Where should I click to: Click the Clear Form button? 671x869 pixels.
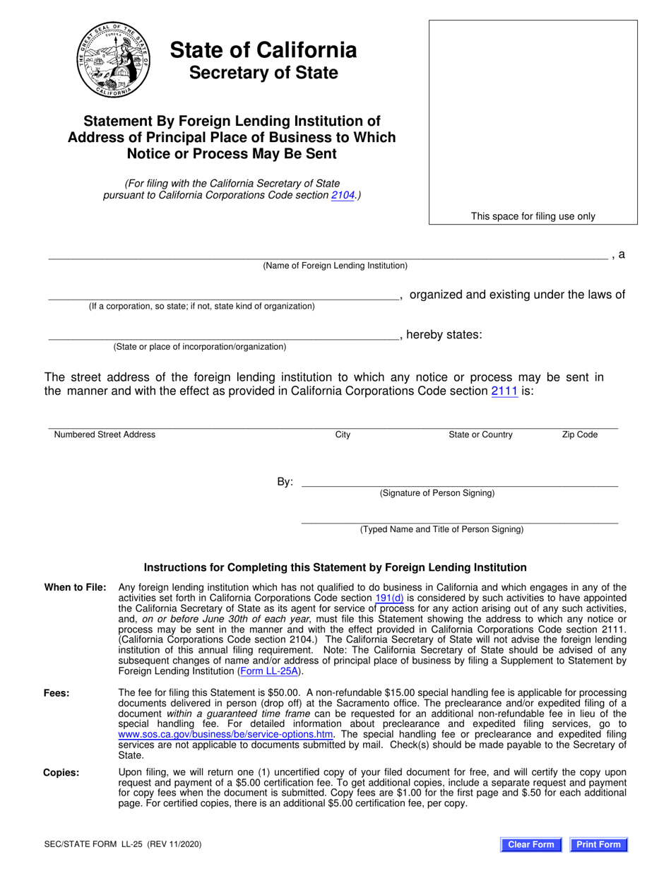pyautogui.click(x=531, y=844)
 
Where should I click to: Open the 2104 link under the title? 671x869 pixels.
pyautogui.click(x=343, y=196)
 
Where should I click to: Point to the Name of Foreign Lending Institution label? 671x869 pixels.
pyautogui.click(x=335, y=266)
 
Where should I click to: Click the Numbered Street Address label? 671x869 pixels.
pyautogui.click(x=105, y=434)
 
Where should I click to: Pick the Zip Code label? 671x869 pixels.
pyautogui.click(x=579, y=434)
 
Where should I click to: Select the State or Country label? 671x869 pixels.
pyautogui.click(x=480, y=434)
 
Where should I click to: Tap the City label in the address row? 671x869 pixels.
pyautogui.click(x=343, y=434)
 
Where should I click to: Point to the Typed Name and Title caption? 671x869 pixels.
pyautogui.click(x=441, y=529)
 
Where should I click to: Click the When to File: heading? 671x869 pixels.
pyautogui.click(x=76, y=587)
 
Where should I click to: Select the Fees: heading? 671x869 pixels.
pyautogui.click(x=57, y=693)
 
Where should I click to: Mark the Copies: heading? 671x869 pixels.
pyautogui.click(x=61, y=772)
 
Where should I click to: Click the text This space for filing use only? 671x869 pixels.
pyautogui.click(x=533, y=216)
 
